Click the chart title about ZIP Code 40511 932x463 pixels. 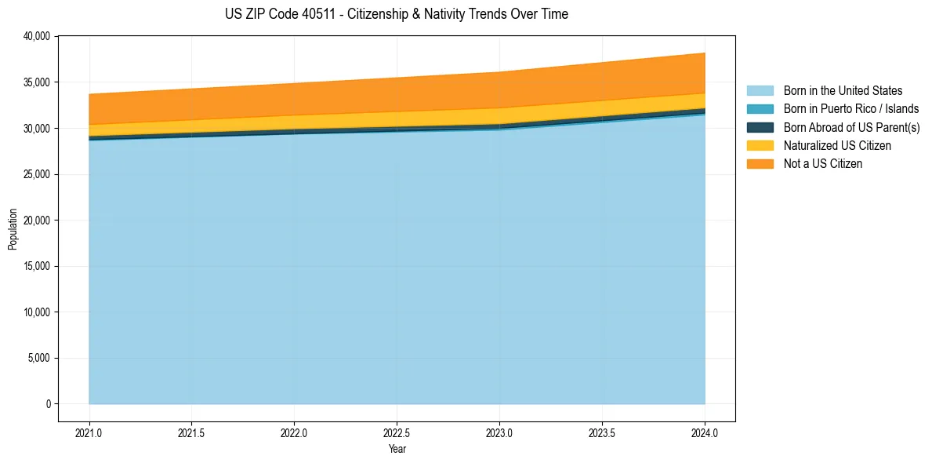click(396, 14)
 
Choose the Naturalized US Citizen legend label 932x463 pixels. click(837, 146)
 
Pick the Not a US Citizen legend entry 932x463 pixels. click(822, 164)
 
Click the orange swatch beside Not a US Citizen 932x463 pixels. click(760, 164)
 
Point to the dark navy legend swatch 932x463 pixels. click(760, 127)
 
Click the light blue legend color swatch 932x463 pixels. click(760, 91)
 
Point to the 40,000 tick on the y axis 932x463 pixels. click(37, 36)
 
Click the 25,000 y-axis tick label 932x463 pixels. click(37, 174)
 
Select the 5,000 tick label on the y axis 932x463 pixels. click(39, 358)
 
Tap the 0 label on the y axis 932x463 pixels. click(48, 404)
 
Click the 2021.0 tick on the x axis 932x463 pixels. click(89, 432)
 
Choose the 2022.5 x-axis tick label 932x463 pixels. click(397, 432)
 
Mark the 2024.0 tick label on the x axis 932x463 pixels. click(705, 432)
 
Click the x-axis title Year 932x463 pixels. click(397, 449)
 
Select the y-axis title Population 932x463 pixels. click(13, 229)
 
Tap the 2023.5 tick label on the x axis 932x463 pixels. click(602, 432)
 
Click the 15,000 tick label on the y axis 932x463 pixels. click(37, 266)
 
